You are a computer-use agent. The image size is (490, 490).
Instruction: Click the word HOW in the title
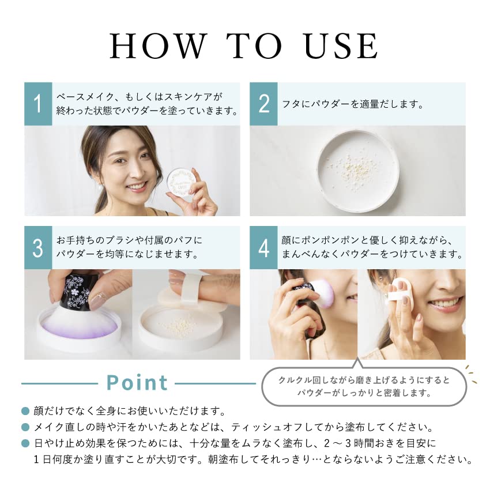pos(159,46)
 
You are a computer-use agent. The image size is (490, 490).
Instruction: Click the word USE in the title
pos(341,46)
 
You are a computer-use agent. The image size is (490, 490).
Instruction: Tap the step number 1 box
pos(38,104)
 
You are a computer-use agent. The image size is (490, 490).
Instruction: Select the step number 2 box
pos(263,104)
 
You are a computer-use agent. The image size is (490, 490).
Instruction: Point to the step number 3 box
pos(38,247)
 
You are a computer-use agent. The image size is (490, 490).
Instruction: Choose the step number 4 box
pos(263,247)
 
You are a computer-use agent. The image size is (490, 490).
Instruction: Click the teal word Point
pos(137,383)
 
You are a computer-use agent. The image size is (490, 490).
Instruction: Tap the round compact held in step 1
pos(180,182)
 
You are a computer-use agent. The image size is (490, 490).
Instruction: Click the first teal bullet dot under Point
pos(25,411)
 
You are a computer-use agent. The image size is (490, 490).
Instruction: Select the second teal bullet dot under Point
pos(25,427)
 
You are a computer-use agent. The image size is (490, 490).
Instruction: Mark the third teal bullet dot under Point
pos(25,443)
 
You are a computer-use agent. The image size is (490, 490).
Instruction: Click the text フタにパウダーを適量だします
pos(353,104)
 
